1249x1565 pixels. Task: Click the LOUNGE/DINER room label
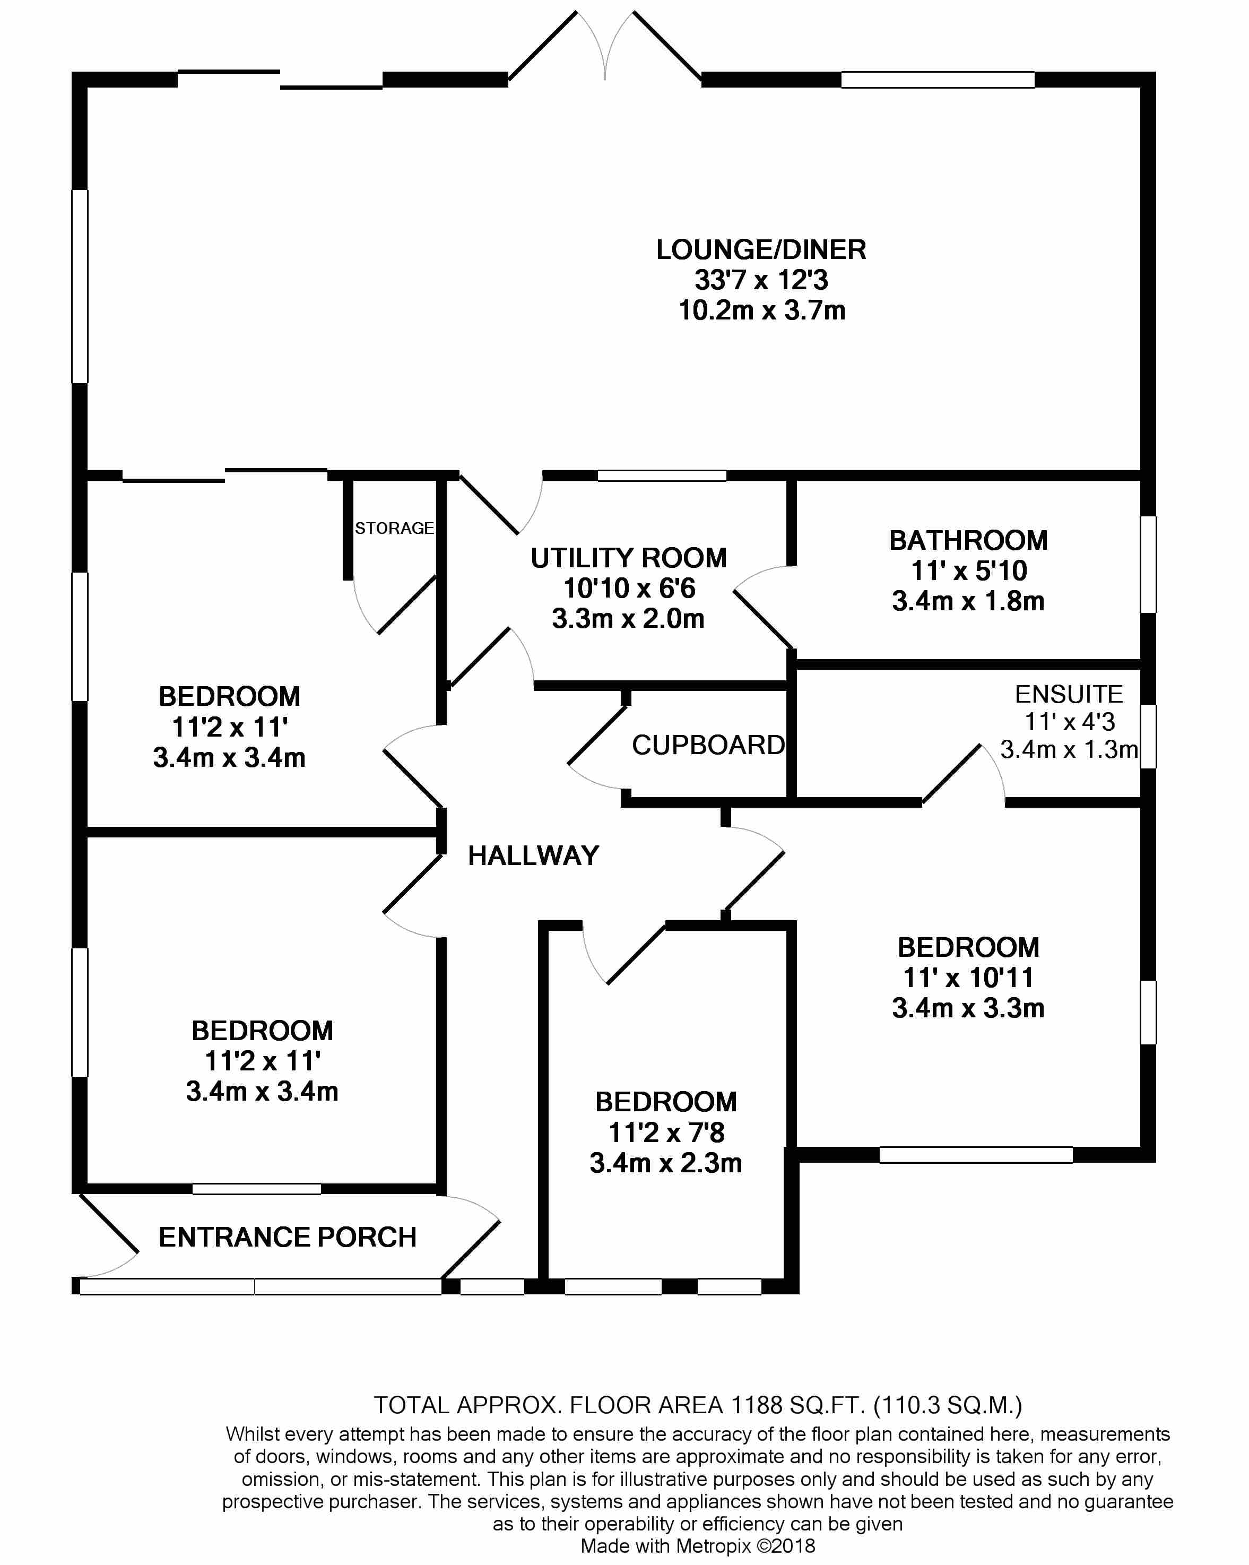click(761, 250)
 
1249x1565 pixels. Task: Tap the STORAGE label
click(394, 529)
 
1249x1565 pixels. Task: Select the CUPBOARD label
click(708, 746)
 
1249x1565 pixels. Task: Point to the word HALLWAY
click(533, 856)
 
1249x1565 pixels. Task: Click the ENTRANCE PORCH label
click(288, 1237)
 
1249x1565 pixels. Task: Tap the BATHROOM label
click(968, 541)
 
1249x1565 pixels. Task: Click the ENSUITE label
click(1068, 695)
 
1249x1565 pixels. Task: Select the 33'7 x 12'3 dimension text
click(761, 280)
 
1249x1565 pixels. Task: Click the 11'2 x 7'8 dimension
click(666, 1132)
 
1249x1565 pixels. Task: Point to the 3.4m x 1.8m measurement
click(968, 601)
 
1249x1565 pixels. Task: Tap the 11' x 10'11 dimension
click(968, 978)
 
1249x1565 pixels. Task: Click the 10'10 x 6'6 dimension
click(629, 588)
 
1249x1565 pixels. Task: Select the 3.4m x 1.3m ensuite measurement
click(1068, 749)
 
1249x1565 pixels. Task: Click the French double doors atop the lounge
click(605, 46)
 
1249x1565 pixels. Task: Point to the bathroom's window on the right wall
click(1148, 564)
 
